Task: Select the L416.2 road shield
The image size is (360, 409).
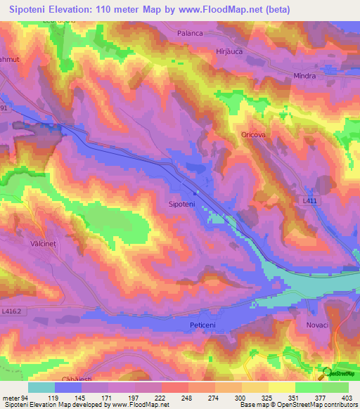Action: click(13, 310)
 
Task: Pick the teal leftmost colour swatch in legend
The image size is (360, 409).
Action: click(41, 387)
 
